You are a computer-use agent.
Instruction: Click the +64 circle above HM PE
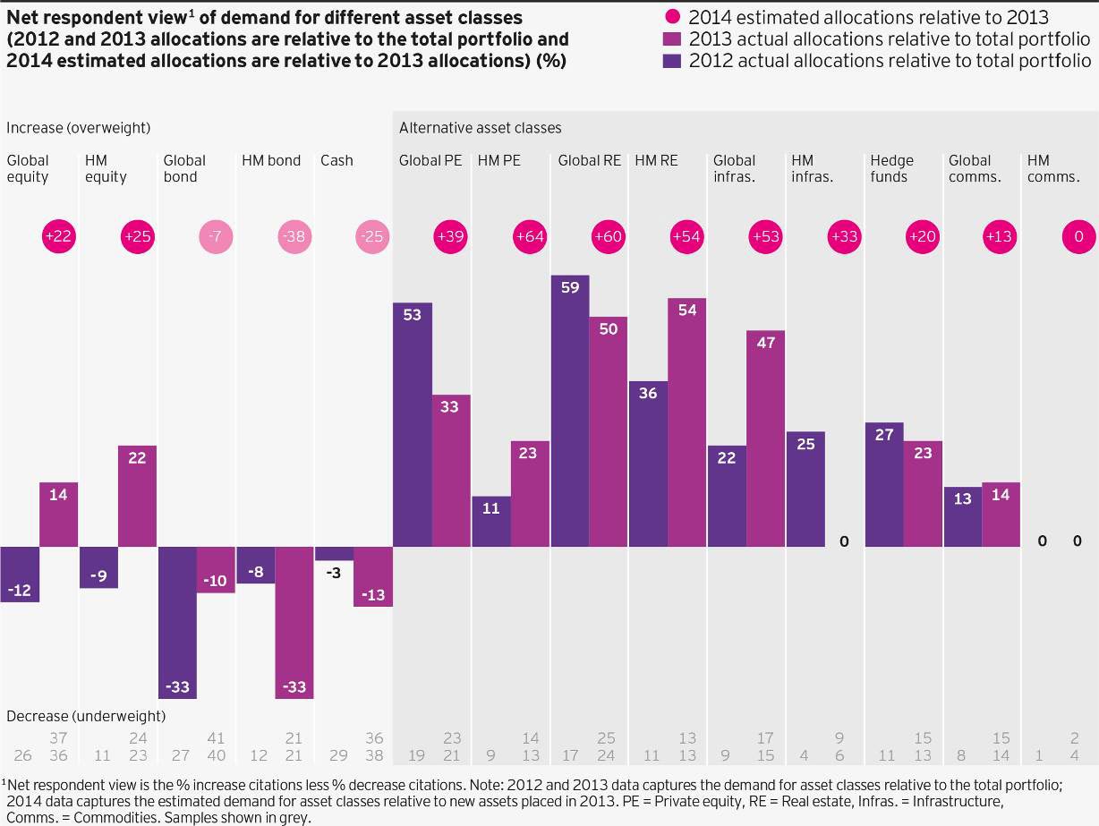tap(530, 236)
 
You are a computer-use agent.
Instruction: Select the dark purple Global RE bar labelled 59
tap(570, 411)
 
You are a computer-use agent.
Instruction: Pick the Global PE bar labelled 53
tap(413, 424)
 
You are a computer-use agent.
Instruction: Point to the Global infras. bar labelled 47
tap(766, 439)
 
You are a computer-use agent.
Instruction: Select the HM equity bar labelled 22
tap(138, 496)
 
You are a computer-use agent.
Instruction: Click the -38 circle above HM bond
tap(294, 236)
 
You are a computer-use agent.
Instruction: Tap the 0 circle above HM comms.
tap(1078, 236)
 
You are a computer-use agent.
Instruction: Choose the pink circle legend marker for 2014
tap(673, 16)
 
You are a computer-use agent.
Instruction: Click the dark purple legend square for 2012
tap(673, 61)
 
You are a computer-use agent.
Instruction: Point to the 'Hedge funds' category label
tap(891, 168)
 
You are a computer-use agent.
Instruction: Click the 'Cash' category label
tap(337, 160)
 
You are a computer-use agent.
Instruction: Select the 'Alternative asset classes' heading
tap(481, 128)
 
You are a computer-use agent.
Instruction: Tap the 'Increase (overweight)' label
tap(78, 128)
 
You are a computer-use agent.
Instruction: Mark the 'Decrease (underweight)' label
tap(86, 716)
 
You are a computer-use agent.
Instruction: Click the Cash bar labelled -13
tap(373, 576)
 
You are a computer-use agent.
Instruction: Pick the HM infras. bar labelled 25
tap(805, 489)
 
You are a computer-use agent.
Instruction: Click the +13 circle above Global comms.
tap(1001, 236)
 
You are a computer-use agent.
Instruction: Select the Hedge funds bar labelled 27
tap(884, 484)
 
